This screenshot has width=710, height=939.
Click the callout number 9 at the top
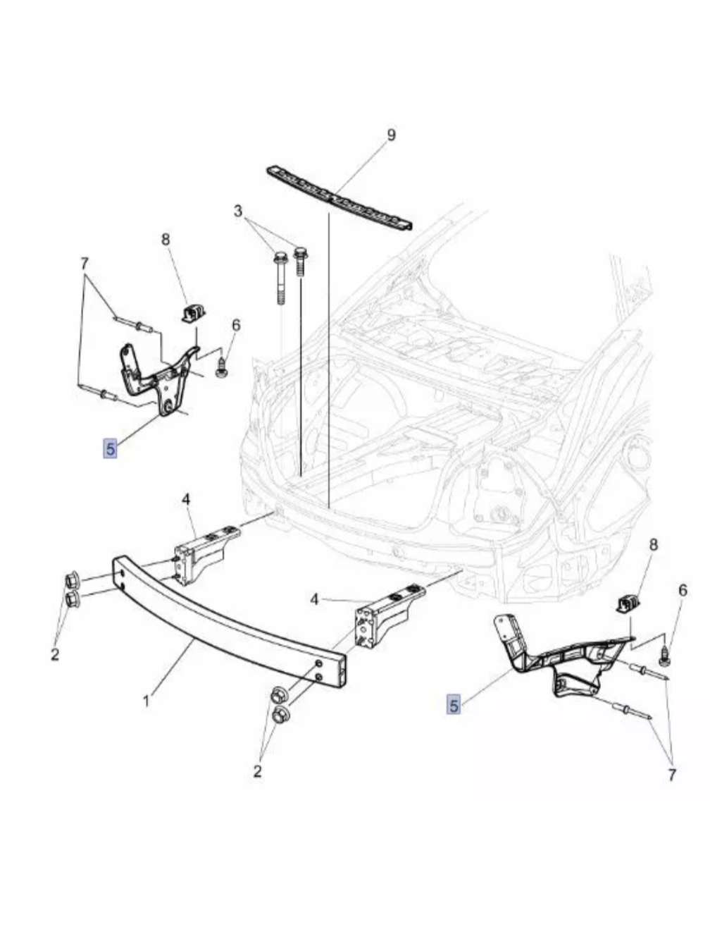point(391,135)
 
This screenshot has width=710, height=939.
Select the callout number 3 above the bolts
point(238,211)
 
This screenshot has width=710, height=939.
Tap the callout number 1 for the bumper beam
point(146,701)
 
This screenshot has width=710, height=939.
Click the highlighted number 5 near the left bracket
point(110,447)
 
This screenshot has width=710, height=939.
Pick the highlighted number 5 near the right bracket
point(454,704)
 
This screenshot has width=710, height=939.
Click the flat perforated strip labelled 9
point(338,197)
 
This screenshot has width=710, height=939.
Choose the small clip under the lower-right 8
point(628,603)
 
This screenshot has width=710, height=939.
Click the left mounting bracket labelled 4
point(204,552)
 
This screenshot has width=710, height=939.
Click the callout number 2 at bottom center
point(257,771)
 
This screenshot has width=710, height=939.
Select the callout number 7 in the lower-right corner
point(671,775)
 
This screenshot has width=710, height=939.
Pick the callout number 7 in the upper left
point(85,264)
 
